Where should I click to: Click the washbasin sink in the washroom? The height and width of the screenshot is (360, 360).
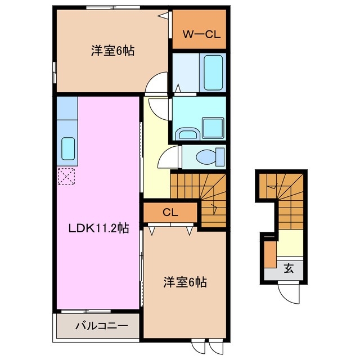click(x=186, y=133)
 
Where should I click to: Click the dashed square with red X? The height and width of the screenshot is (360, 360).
click(x=66, y=177)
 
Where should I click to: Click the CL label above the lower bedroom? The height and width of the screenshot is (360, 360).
click(x=170, y=213)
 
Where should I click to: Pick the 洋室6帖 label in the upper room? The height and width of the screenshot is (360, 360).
click(x=112, y=51)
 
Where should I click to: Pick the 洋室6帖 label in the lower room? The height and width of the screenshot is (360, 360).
click(x=184, y=282)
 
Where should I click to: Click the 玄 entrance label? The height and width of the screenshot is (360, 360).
click(x=289, y=268)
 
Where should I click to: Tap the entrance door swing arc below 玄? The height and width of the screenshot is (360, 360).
click(x=291, y=292)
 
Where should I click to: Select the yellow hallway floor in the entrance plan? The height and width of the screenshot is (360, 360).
click(x=289, y=243)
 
